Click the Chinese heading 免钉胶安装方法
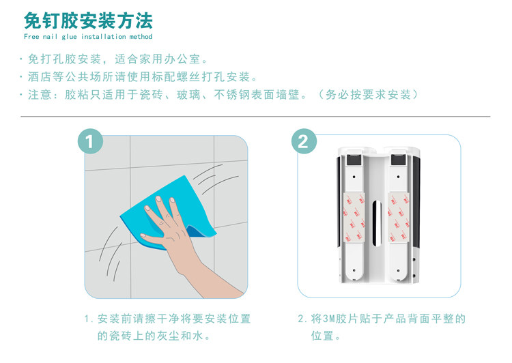[x=88, y=20]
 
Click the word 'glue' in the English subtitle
[x=69, y=37]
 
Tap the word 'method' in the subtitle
[x=141, y=37]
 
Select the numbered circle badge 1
[x=90, y=141]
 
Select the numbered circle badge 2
[x=304, y=141]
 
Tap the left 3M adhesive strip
[x=354, y=218]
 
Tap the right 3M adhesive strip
[x=399, y=218]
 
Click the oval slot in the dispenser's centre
[x=377, y=223]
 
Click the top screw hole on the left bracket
[x=354, y=177]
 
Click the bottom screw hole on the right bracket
[x=398, y=271]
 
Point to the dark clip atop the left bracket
[x=354, y=160]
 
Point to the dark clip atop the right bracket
[x=399, y=160]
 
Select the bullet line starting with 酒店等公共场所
[x=139, y=77]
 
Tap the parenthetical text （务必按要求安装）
[x=367, y=95]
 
